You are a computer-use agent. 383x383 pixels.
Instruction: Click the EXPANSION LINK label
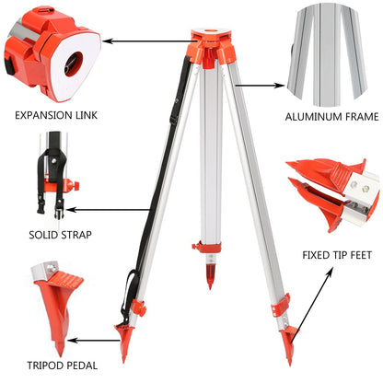click(x=56, y=117)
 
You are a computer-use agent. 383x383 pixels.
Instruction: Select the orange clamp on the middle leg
click(x=206, y=246)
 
